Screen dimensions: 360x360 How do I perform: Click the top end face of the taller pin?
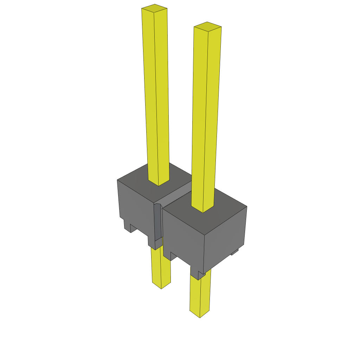tap(154, 8)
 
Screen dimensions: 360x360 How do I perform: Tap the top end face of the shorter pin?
tap(207, 26)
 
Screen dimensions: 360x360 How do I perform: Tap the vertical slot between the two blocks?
tap(158, 221)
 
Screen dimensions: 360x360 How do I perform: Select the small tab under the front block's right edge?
tap(235, 252)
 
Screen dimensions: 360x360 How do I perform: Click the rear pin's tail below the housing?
tap(161, 267)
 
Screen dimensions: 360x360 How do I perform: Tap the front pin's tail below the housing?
tap(200, 295)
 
